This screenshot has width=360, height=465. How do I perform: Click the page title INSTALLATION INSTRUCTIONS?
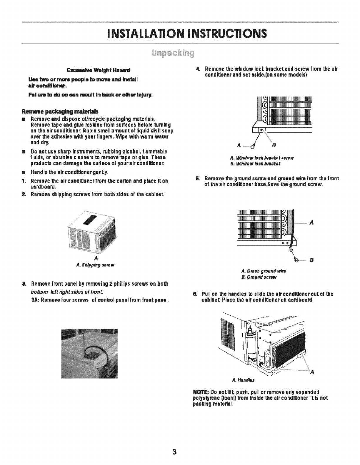click(180, 33)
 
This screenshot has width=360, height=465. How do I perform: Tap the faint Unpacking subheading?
click(180, 54)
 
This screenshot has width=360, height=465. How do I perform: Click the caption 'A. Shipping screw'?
click(95, 265)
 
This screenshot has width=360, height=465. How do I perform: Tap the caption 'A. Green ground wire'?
click(264, 271)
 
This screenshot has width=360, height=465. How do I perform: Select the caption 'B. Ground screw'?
click(259, 277)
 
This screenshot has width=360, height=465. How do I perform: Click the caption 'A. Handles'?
click(243, 380)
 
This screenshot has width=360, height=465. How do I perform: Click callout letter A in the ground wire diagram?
click(312, 223)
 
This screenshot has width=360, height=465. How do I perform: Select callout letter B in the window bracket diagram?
click(274, 145)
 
